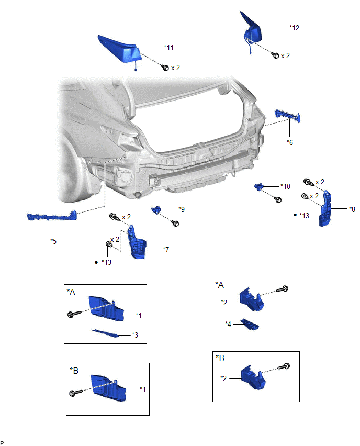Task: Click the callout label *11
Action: click(168, 47)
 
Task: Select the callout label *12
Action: click(294, 27)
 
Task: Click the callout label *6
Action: click(290, 141)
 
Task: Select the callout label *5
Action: click(53, 240)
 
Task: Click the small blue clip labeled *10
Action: click(260, 187)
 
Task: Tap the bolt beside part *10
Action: click(278, 200)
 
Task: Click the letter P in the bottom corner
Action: click(3, 442)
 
